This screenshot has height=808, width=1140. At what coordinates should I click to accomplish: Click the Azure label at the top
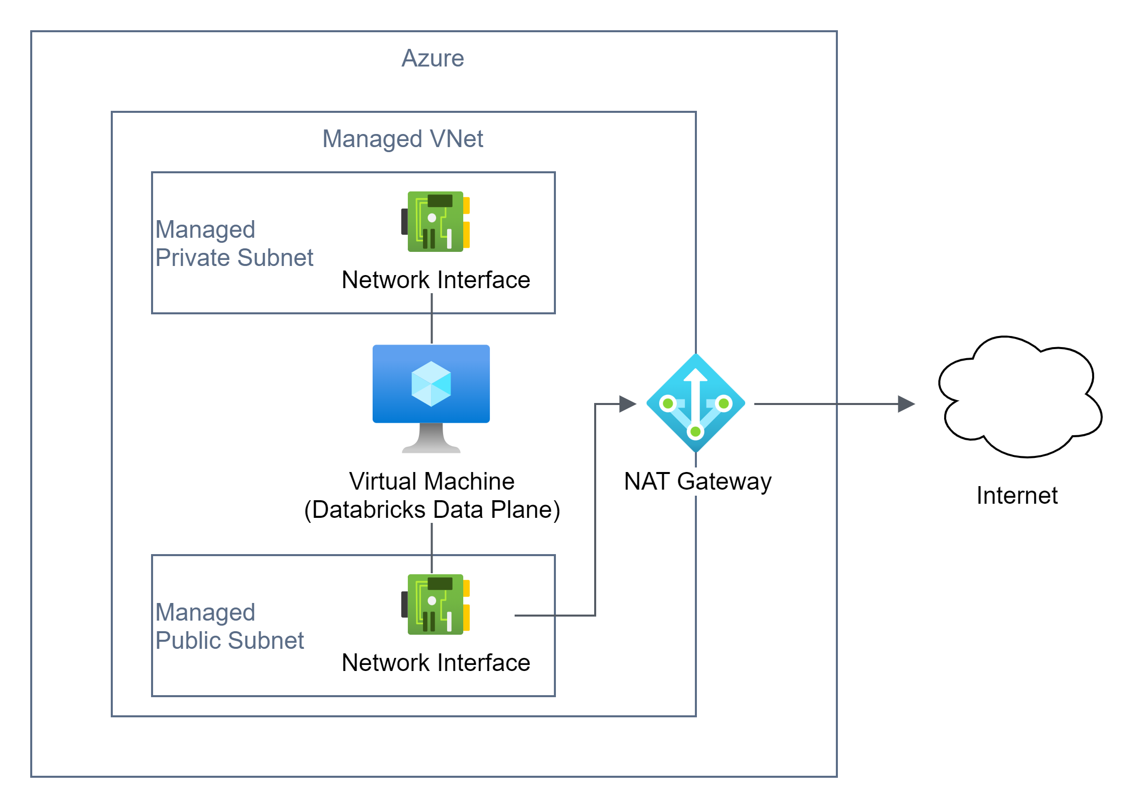(433, 58)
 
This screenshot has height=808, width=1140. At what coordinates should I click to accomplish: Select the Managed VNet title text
(402, 139)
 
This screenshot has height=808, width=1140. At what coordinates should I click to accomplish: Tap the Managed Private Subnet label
(234, 243)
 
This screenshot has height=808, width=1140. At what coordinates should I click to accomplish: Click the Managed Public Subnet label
(229, 626)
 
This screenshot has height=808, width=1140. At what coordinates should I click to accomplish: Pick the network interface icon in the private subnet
(436, 221)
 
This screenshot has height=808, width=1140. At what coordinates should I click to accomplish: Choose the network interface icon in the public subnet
(436, 604)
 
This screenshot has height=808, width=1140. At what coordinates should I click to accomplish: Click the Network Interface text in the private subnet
(436, 280)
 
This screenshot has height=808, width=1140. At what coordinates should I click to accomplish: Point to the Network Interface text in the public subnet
(436, 663)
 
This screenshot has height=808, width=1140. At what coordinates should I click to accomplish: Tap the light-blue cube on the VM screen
(431, 384)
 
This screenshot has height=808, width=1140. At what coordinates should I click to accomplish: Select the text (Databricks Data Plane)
(432, 510)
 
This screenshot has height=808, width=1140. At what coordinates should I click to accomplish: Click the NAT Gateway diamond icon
(695, 403)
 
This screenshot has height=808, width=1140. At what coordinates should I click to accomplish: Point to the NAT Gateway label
(697, 482)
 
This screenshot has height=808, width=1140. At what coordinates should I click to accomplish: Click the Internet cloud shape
(1020, 398)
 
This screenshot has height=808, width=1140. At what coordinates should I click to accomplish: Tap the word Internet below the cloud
(1017, 496)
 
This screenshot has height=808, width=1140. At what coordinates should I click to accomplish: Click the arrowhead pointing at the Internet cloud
(906, 403)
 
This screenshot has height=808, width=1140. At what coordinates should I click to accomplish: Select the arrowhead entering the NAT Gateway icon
(627, 403)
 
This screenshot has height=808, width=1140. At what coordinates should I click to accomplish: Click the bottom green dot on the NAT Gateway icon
(695, 432)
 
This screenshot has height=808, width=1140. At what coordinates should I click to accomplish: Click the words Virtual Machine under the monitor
(432, 482)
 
